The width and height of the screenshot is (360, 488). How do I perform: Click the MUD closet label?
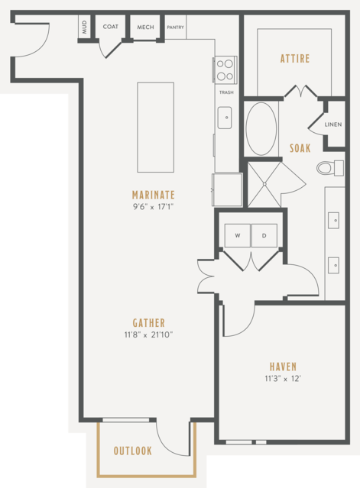coord(84,27)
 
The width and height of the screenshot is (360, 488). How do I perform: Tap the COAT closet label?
coord(111,27)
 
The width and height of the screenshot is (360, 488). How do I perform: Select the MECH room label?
coord(145,27)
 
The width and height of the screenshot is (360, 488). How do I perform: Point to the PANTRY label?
coord(175,27)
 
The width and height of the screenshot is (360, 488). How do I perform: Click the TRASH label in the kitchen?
coord(226,92)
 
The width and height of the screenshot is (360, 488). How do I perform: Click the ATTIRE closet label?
coord(295,59)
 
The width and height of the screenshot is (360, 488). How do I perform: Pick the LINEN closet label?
coord(333,124)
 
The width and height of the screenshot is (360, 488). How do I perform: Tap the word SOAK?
coord(300,148)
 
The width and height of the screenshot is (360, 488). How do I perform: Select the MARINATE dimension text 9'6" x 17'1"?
coord(153,207)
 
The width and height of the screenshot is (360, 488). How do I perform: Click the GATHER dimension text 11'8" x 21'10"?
coord(148,334)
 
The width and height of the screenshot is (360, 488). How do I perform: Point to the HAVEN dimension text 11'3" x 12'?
coord(283,379)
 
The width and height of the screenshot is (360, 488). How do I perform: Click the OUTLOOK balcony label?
coord(133,451)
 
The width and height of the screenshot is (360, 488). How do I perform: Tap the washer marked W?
coord(237,235)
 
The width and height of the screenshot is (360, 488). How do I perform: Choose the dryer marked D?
coord(264,235)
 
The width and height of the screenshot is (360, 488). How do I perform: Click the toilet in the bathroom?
coord(330,168)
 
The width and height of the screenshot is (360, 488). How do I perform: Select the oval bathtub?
coord(261,128)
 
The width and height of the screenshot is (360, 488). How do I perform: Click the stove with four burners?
coord(225,69)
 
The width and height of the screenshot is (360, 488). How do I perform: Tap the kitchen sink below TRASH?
coord(225,118)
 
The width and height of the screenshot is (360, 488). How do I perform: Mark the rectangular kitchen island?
coord(156,128)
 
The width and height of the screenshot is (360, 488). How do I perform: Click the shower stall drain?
coord(264,184)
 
